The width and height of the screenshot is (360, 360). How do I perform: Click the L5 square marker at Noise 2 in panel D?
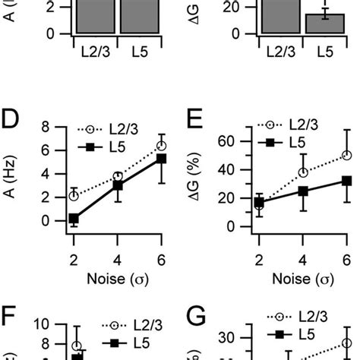point(74,219)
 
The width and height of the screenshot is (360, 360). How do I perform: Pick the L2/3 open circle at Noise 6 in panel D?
point(161,145)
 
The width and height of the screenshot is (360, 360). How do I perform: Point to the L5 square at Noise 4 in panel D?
point(118,185)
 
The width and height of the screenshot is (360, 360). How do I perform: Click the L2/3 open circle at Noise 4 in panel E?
point(303,172)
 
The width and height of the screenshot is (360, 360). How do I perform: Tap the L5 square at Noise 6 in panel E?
point(346,181)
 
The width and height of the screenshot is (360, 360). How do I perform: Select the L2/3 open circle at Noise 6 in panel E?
point(346,155)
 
